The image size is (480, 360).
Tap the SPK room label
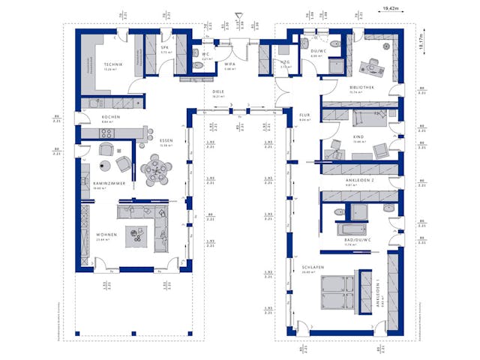point(165,48)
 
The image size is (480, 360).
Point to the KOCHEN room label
point(91,117)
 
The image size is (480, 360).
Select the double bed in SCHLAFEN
point(335,291)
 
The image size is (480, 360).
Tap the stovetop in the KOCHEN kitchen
point(106,133)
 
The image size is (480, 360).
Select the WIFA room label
point(230,64)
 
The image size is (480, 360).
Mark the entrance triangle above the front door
point(238,15)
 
